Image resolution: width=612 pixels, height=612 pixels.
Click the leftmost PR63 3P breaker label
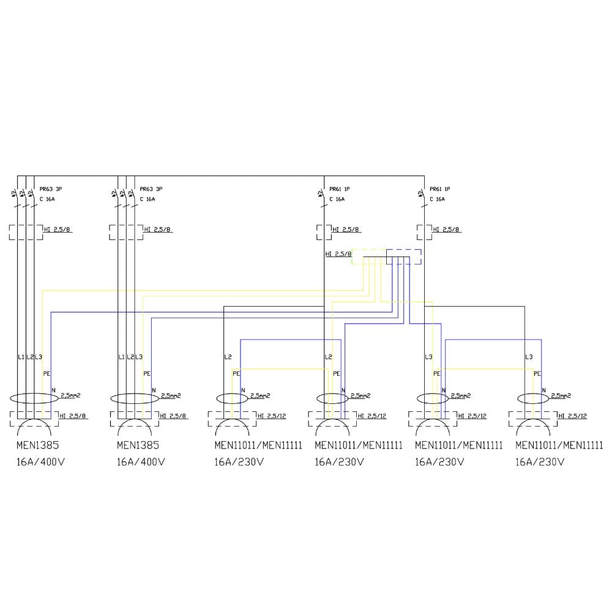[50, 189]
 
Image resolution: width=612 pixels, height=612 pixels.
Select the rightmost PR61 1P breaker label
[441, 189]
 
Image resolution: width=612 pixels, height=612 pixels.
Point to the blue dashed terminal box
[404, 256]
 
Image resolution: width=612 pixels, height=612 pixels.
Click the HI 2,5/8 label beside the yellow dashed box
[338, 253]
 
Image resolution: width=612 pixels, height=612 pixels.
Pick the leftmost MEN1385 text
[37, 445]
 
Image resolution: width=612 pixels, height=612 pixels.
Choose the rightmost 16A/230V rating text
[540, 462]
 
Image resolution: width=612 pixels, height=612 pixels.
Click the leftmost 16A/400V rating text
[40, 462]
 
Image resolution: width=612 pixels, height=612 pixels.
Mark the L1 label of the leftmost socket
[20, 356]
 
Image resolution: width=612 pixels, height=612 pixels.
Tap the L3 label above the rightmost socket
[529, 356]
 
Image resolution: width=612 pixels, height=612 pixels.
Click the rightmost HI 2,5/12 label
[573, 416]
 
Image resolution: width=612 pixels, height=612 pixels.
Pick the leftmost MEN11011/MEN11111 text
[258, 445]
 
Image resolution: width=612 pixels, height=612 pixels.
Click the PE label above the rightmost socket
[537, 373]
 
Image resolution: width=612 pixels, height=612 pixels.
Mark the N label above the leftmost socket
[53, 390]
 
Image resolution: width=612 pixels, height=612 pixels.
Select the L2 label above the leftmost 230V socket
[228, 356]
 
